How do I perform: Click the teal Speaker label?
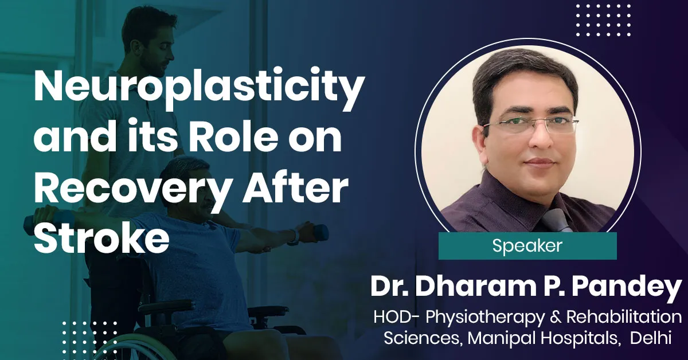click(527, 246)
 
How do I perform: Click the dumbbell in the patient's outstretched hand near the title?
click(318, 232)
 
